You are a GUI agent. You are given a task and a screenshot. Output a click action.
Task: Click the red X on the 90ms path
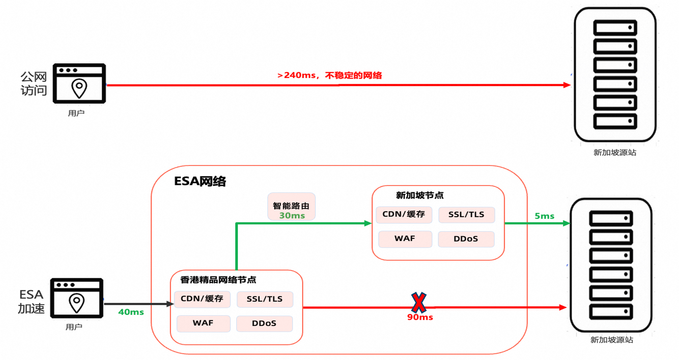tap(419, 303)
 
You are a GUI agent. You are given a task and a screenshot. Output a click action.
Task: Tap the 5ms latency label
tap(544, 216)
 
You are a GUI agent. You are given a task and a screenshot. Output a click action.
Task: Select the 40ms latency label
tap(131, 312)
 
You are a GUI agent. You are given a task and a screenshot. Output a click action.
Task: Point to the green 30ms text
tap(292, 216)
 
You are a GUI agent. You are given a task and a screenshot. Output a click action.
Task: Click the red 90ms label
tap(420, 317)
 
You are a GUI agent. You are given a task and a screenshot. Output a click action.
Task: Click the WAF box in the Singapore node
tap(405, 239)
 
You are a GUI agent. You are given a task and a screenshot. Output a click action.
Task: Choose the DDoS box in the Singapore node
tap(466, 239)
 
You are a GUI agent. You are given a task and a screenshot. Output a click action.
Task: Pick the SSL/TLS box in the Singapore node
tap(466, 215)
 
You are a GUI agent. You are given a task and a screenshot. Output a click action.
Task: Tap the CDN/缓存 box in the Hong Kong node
tap(202, 299)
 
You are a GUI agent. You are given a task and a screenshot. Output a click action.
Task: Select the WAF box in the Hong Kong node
tap(203, 323)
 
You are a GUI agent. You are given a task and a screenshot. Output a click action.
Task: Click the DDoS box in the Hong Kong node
tap(264, 323)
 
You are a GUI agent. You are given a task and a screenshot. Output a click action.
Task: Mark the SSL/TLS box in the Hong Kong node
tap(265, 299)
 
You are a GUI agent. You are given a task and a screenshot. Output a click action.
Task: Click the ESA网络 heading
tap(200, 181)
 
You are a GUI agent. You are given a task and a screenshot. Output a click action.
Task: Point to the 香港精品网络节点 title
tap(218, 280)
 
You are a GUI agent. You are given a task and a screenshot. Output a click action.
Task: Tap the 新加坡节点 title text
tap(420, 195)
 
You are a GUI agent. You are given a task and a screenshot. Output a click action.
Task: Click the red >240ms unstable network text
tap(330, 75)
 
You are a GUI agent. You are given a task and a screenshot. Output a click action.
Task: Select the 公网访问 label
tap(34, 83)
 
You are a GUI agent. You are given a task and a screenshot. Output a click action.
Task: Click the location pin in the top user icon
tap(79, 88)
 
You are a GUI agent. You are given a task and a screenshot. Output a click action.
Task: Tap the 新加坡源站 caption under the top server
tap(615, 152)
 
